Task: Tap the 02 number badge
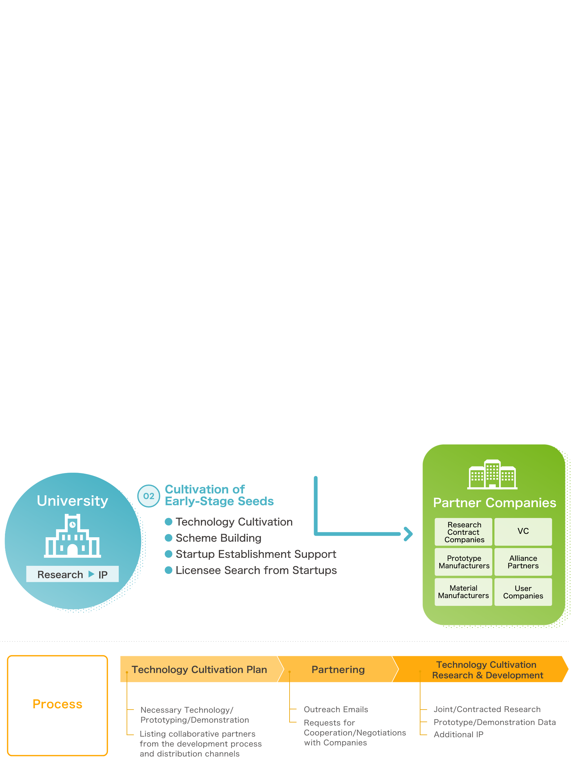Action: [149, 496]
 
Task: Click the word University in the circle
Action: [73, 501]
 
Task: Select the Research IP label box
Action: [72, 574]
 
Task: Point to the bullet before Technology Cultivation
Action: [168, 521]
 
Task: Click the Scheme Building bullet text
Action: [218, 538]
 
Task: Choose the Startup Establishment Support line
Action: [256, 554]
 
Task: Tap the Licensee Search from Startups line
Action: [256, 570]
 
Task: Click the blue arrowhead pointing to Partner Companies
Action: [408, 534]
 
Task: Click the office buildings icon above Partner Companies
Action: [492, 475]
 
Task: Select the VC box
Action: [523, 531]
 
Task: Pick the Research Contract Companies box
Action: [463, 532]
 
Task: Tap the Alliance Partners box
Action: [523, 562]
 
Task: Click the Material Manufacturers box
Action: [463, 592]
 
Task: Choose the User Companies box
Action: [523, 592]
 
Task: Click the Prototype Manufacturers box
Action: [463, 562]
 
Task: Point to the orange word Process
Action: [57, 704]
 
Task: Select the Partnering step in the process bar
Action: [338, 669]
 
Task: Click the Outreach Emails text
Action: [335, 709]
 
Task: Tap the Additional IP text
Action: [459, 734]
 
